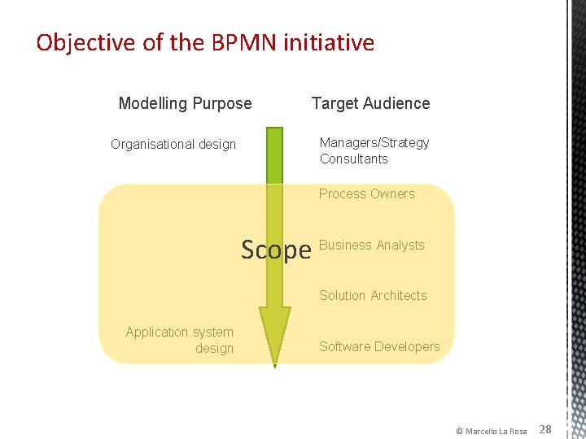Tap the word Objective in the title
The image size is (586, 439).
coord(86,42)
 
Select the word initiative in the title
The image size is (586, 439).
coord(329,42)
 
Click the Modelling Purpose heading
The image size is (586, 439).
coord(185,103)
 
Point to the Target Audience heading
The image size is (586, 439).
coord(370,103)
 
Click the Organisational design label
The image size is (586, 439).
coord(173,145)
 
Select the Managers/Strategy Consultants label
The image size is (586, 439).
coord(374,150)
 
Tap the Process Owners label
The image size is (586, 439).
coord(366,193)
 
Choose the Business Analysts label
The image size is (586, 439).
coord(372,245)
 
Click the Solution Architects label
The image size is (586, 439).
coord(373,295)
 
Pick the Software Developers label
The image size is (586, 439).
coord(379,346)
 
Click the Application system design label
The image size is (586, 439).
coord(180,340)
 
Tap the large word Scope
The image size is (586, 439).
coord(276,250)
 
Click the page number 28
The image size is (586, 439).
coord(545,428)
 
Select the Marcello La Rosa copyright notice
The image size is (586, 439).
coord(491,430)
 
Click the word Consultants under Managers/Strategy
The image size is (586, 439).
coord(353,159)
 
